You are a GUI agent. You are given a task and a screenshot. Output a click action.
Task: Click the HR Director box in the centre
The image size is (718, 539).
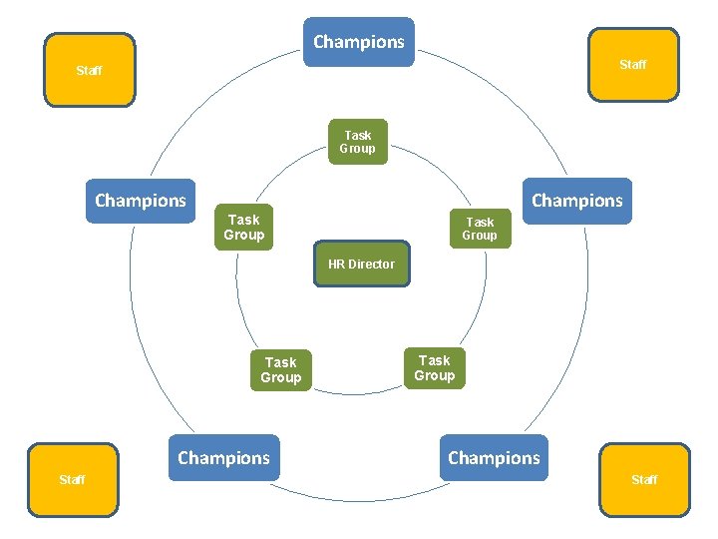tap(361, 264)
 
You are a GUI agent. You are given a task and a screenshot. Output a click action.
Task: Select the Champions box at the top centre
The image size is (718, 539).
tap(359, 42)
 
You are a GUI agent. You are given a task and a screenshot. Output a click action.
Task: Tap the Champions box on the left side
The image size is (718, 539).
tap(141, 201)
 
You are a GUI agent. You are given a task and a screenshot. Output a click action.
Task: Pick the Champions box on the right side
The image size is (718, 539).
tap(576, 201)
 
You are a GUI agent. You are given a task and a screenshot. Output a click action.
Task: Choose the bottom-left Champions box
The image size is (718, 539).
tap(223, 458)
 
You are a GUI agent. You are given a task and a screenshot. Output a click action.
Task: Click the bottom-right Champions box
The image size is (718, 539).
tap(494, 458)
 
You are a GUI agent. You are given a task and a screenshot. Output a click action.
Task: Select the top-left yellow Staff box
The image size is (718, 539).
tap(90, 70)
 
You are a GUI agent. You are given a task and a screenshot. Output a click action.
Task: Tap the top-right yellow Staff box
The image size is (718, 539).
tap(633, 64)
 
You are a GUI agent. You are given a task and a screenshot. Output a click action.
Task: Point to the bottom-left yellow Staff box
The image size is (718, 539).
tap(72, 480)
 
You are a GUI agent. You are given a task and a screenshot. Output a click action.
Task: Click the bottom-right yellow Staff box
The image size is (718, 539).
tap(644, 480)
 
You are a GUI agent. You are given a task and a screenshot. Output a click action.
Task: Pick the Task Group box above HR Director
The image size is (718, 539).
tap(357, 142)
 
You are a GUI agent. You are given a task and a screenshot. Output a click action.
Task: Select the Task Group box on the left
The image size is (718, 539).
tap(243, 228)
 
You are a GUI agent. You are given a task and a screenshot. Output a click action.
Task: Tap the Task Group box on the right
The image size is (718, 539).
tap(480, 229)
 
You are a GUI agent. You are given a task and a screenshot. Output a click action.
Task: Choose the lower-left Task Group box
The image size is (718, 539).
tap(280, 370)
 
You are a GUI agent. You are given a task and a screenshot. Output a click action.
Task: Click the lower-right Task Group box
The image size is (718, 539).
tap(434, 367)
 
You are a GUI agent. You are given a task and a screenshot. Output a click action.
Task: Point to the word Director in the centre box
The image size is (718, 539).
tap(371, 265)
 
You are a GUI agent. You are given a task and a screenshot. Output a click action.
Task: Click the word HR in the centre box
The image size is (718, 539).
tap(336, 265)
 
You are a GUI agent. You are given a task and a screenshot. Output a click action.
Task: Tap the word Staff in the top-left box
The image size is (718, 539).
tap(90, 71)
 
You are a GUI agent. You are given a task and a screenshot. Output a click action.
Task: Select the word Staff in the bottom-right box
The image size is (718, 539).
tap(644, 480)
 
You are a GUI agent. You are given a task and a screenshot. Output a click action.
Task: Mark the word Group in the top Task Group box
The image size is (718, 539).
tap(357, 149)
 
